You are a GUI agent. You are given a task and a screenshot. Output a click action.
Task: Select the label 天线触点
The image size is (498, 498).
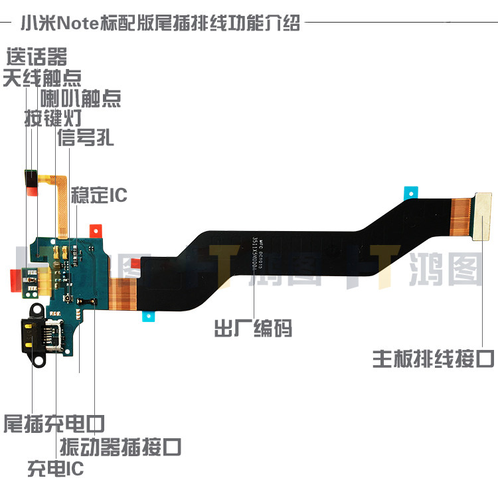pos(42,78)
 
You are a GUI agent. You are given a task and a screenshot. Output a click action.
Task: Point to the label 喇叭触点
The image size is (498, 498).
pos(80,99)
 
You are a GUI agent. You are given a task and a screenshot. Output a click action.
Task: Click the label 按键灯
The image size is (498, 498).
pos(53,120)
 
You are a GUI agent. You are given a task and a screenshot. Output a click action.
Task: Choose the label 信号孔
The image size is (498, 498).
pos(85,138)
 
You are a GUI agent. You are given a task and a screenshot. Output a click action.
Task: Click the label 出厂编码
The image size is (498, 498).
pos(253,328)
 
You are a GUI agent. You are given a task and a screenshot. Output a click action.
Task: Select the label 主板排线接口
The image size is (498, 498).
pos(433,359)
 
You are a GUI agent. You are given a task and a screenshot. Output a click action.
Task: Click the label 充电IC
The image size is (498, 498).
pos(56,469)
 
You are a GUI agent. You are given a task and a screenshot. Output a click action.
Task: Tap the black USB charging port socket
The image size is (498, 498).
pos(39,335)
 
